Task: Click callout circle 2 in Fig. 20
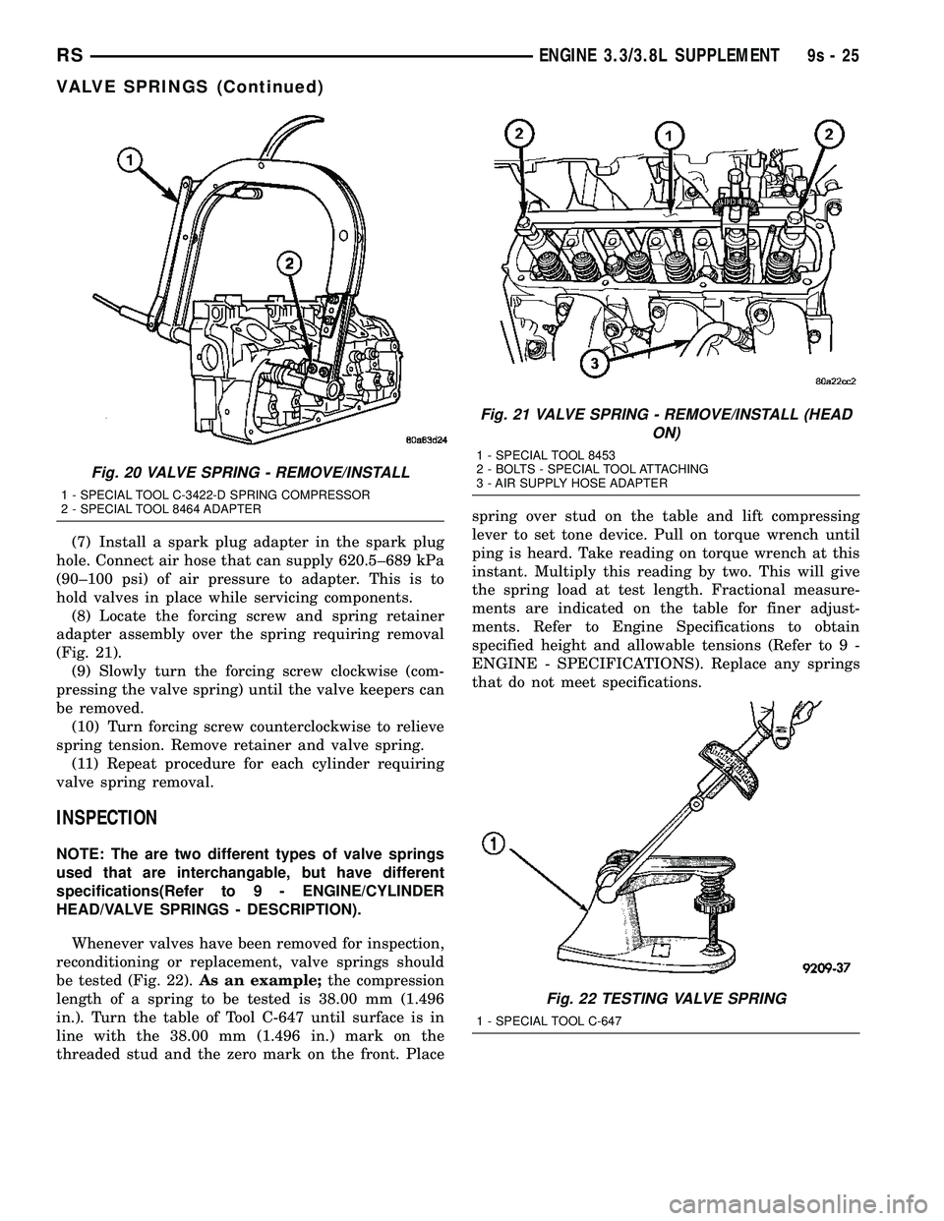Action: pyautogui.click(x=289, y=263)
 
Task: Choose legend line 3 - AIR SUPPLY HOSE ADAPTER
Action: pyautogui.click(x=571, y=484)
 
